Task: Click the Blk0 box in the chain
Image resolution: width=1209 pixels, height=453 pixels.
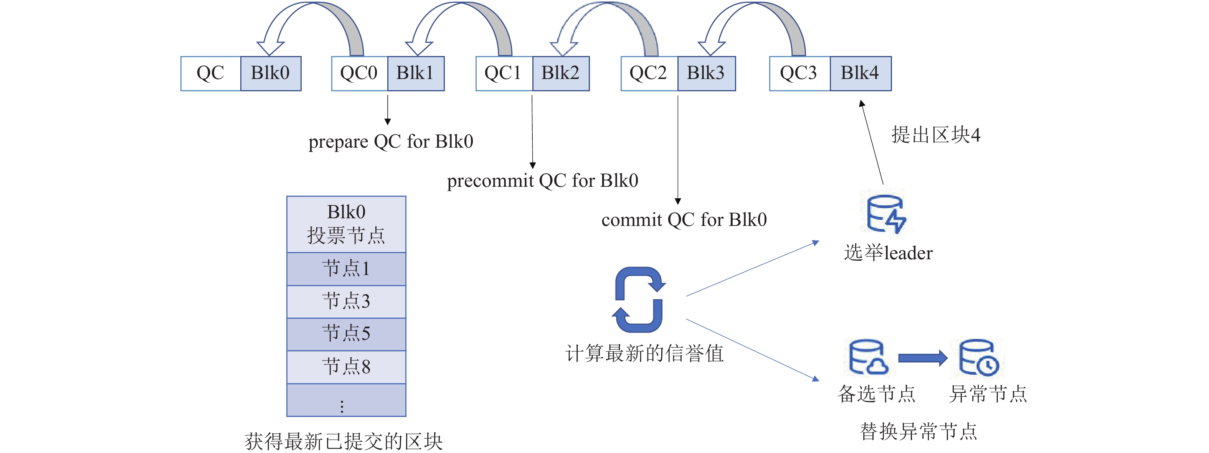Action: pyautogui.click(x=270, y=73)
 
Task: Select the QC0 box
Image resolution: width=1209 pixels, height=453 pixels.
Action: pyautogui.click(x=359, y=73)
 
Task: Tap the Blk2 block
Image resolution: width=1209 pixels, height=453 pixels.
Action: pyautogui.click(x=560, y=73)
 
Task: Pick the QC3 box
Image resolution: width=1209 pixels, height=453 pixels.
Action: pyautogui.click(x=799, y=73)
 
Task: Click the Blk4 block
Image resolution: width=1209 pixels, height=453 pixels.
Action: pyautogui.click(x=860, y=73)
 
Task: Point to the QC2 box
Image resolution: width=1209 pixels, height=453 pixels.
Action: pyautogui.click(x=649, y=73)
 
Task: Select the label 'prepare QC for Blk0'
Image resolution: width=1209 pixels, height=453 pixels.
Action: pyautogui.click(x=390, y=142)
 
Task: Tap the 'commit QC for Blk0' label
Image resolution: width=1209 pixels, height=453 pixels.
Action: pyautogui.click(x=684, y=220)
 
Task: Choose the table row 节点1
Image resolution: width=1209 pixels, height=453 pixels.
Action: pyautogui.click(x=346, y=269)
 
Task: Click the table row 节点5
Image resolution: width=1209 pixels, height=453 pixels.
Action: pyautogui.click(x=346, y=334)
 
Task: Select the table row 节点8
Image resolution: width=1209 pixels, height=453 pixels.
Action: pyautogui.click(x=346, y=367)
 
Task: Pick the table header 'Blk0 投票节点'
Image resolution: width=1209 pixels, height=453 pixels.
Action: pyautogui.click(x=346, y=224)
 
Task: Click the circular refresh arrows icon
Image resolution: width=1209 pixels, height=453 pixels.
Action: pyautogui.click(x=639, y=300)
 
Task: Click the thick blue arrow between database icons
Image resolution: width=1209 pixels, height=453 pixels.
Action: pyautogui.click(x=922, y=358)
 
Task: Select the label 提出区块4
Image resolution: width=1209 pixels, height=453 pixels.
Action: pyautogui.click(x=935, y=135)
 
